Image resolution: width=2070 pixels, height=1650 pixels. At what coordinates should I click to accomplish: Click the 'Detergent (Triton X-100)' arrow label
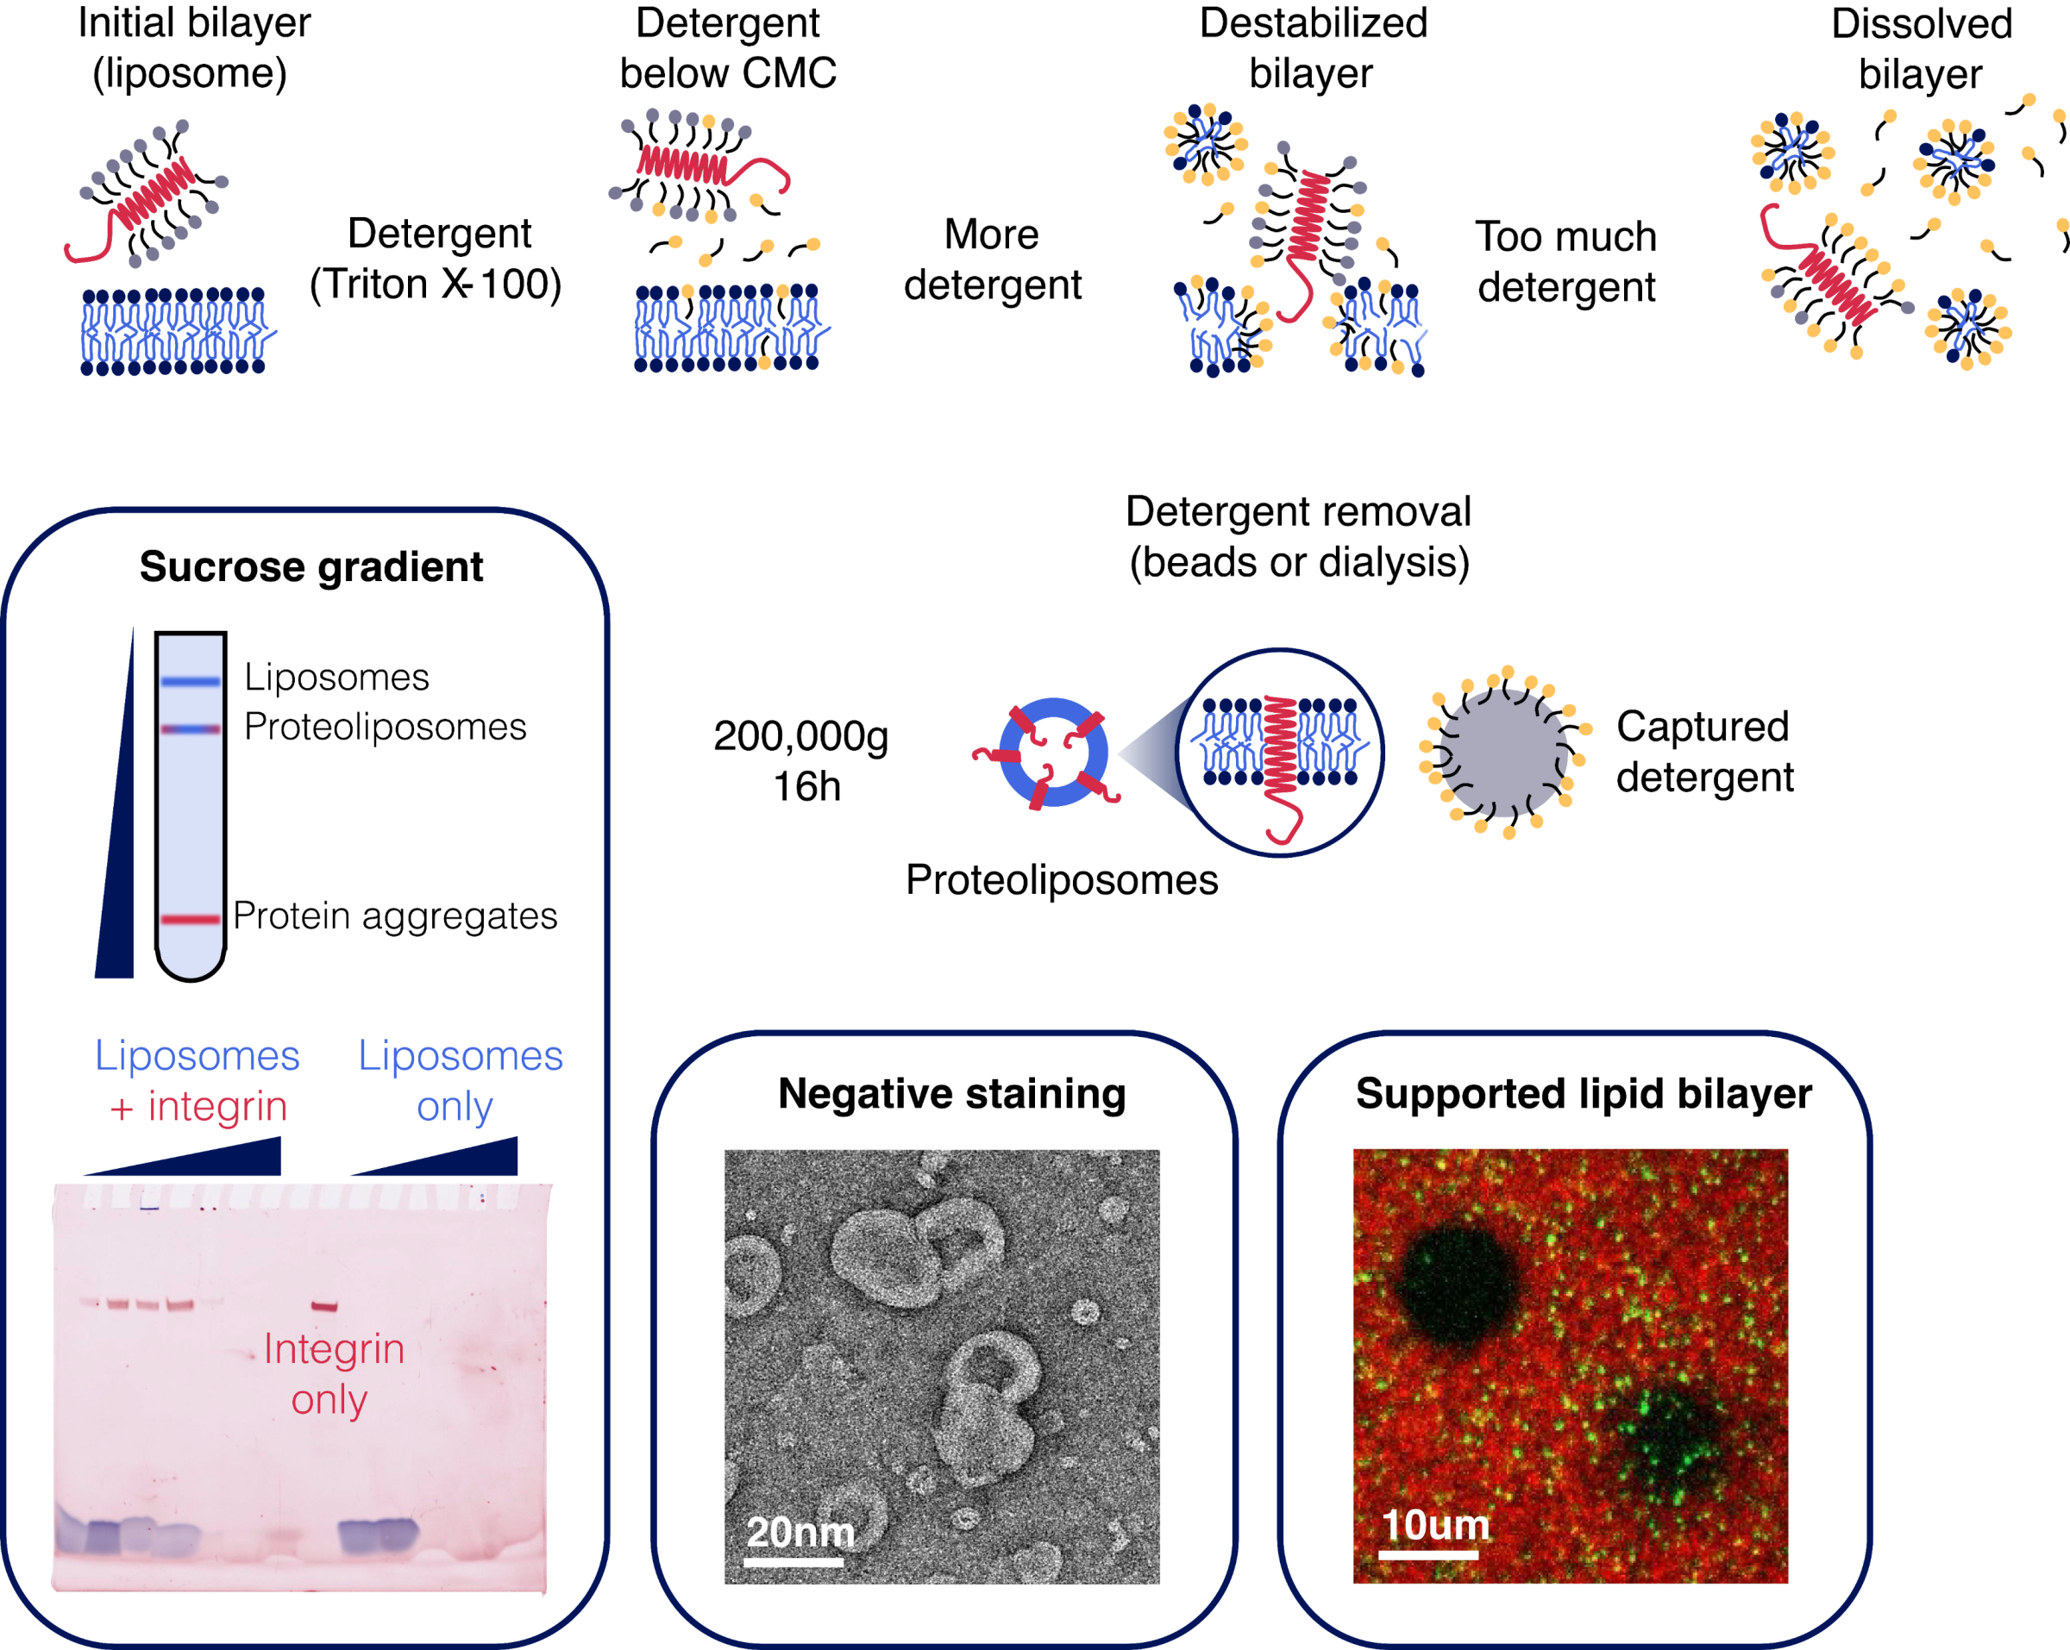tap(436, 259)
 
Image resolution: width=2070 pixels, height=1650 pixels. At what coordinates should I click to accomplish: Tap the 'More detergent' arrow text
tap(992, 260)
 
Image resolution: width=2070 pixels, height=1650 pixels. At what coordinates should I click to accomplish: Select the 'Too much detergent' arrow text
tap(1566, 262)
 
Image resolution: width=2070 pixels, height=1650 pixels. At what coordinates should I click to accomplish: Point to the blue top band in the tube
tap(190, 682)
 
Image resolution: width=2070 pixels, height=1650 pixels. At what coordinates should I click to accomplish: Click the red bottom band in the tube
tap(190, 920)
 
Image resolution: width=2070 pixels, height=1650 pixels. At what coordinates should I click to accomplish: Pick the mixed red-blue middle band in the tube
tap(190, 729)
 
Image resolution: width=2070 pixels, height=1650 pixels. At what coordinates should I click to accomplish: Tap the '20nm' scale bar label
tap(800, 1532)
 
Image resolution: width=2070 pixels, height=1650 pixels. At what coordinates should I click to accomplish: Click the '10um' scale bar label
tap(1434, 1524)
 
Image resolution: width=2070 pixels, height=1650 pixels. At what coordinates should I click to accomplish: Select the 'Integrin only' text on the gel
tap(332, 1373)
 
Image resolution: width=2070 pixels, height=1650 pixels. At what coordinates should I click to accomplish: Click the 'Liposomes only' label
tap(460, 1081)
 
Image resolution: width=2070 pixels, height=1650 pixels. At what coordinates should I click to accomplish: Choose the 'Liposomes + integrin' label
tap(198, 1081)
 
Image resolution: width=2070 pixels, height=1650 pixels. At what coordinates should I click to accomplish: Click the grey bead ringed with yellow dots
tap(1503, 753)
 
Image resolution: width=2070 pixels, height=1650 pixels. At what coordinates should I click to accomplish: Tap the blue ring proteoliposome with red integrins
tap(1052, 753)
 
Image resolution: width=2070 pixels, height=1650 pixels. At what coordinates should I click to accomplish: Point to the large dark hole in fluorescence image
tap(1458, 1291)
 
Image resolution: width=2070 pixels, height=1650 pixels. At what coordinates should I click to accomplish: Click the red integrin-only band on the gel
tap(324, 1306)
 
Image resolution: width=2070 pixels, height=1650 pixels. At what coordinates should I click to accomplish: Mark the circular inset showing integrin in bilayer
tap(1281, 753)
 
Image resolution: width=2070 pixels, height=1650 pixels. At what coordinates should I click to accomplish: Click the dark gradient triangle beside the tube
tap(117, 845)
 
